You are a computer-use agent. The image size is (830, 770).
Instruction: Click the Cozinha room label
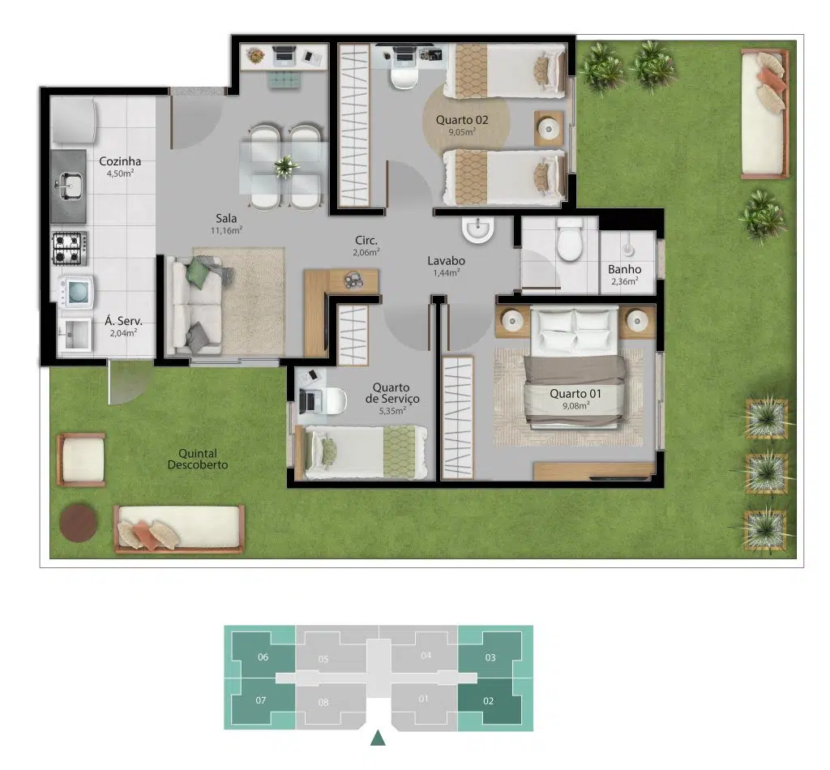[120, 160]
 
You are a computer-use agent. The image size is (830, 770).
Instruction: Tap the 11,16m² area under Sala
[227, 230]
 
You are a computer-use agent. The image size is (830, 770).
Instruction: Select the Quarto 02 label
[462, 120]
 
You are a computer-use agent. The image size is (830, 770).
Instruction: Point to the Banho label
[625, 269]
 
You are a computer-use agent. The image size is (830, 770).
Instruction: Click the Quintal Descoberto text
[198, 460]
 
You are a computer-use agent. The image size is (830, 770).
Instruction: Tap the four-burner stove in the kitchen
[70, 248]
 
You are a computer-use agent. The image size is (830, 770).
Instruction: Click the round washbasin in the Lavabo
[478, 229]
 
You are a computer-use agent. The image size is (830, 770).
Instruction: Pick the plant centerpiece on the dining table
[286, 166]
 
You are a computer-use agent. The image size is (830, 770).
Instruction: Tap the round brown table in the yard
[78, 523]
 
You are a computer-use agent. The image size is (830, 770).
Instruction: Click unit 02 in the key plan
[489, 701]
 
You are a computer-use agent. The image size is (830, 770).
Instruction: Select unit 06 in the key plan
[263, 657]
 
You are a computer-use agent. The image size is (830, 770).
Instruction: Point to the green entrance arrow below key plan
[378, 738]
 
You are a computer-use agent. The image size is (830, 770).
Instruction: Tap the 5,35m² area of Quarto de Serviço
[393, 411]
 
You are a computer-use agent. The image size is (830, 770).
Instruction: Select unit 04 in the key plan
[426, 655]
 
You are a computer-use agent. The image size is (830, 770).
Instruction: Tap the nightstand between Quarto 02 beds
[549, 129]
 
